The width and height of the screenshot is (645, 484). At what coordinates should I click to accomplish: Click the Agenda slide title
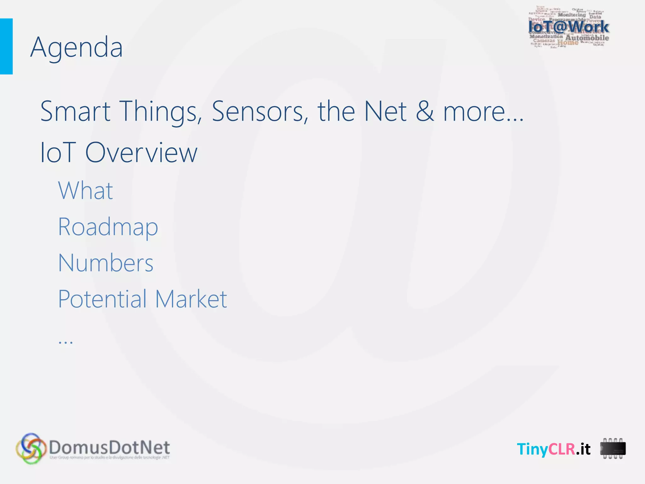[x=77, y=47]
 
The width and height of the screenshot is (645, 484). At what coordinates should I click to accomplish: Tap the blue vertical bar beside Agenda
[x=6, y=46]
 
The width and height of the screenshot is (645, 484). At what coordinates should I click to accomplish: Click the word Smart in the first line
[x=75, y=111]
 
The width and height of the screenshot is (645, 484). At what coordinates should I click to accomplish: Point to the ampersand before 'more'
[x=425, y=111]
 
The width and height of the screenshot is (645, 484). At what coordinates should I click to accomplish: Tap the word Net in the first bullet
[x=385, y=111]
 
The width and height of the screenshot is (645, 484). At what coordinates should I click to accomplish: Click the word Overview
[x=141, y=153]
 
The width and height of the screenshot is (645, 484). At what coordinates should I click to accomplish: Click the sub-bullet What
[x=85, y=191]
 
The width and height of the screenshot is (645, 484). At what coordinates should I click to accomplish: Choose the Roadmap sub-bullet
[x=108, y=227]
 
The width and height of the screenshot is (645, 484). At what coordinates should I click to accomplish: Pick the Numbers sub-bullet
[x=106, y=263]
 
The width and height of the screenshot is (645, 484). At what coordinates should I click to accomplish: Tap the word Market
[x=191, y=299]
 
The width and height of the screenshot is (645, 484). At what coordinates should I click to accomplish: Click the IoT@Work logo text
[x=568, y=27]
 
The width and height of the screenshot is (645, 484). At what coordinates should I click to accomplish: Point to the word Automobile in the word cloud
[x=587, y=38]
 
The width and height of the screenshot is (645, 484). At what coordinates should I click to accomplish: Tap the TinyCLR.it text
[x=553, y=449]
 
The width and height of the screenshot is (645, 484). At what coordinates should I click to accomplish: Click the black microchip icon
[x=613, y=448]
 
